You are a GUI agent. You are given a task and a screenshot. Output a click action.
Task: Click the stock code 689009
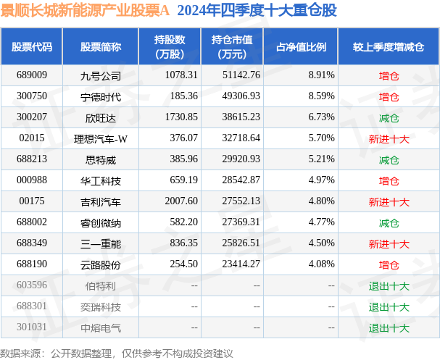32,75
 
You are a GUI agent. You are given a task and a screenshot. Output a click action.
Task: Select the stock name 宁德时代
101,96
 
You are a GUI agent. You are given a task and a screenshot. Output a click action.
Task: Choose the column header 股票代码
32,47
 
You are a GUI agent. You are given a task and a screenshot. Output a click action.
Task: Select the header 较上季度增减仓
389,47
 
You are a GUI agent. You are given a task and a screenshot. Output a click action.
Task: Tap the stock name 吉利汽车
101,201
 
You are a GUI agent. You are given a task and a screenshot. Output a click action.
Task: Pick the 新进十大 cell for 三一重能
389,243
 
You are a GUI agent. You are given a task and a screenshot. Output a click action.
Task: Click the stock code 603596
32,285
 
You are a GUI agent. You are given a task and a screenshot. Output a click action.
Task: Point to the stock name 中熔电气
101,327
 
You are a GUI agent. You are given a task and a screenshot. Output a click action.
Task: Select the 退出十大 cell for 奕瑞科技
389,306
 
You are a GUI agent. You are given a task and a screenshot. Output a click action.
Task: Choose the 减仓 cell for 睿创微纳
389,222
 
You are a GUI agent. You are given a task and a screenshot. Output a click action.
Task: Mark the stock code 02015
32,138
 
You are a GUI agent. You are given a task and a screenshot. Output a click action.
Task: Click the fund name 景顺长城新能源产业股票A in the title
86,10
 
